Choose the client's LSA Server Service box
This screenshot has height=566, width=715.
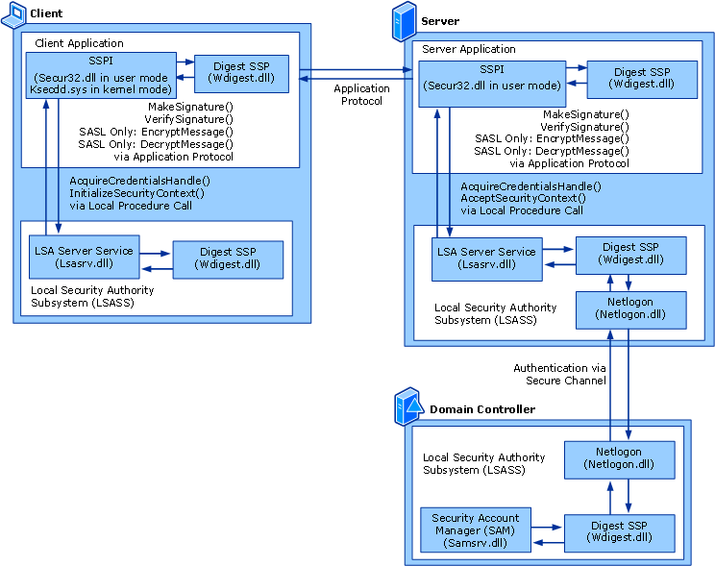click(x=83, y=258)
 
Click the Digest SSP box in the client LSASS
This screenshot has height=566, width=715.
click(x=227, y=258)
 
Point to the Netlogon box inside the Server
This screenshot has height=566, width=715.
click(x=630, y=308)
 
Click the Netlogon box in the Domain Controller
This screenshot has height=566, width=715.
click(x=618, y=457)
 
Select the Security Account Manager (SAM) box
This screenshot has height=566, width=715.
click(x=476, y=530)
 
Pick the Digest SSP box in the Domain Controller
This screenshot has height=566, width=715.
click(x=618, y=530)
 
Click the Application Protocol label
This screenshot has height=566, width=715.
click(x=361, y=95)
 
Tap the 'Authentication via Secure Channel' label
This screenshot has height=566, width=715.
click(x=563, y=374)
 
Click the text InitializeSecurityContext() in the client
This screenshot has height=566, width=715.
click(x=136, y=192)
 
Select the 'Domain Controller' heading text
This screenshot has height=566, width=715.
click(x=482, y=409)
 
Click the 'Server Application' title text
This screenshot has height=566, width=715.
click(x=469, y=49)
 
